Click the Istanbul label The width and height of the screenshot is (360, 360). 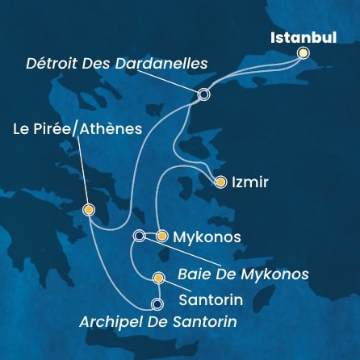point(302,37)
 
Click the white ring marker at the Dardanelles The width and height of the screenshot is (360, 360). point(203,94)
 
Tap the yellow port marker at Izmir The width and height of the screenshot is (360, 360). point(220,182)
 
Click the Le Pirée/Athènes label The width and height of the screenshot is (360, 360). point(77,128)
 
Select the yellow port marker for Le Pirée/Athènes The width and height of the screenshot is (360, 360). point(89,210)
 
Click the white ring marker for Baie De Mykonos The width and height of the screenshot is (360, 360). point(139,236)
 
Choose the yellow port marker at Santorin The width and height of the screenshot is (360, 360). point(158,279)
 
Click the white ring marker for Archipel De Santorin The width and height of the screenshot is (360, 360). point(157,304)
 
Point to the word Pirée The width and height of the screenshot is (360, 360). point(53,128)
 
